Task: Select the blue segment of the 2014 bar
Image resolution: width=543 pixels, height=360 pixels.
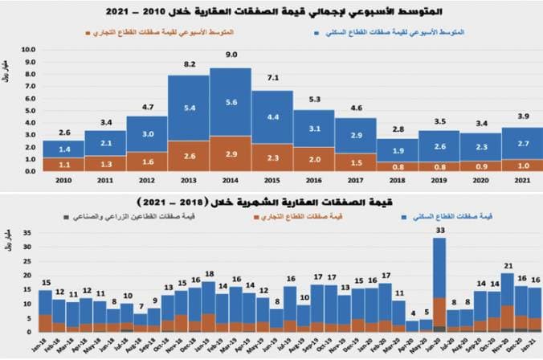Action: coord(230,102)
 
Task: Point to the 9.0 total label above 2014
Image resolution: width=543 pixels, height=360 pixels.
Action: coord(230,55)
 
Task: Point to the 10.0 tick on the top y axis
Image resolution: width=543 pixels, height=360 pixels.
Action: coord(30,49)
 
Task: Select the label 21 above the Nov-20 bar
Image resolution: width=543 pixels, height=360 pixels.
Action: coord(508,265)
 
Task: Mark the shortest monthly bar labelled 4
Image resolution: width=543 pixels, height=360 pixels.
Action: coord(412,325)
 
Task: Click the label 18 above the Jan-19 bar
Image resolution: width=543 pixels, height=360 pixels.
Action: coord(209,274)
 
